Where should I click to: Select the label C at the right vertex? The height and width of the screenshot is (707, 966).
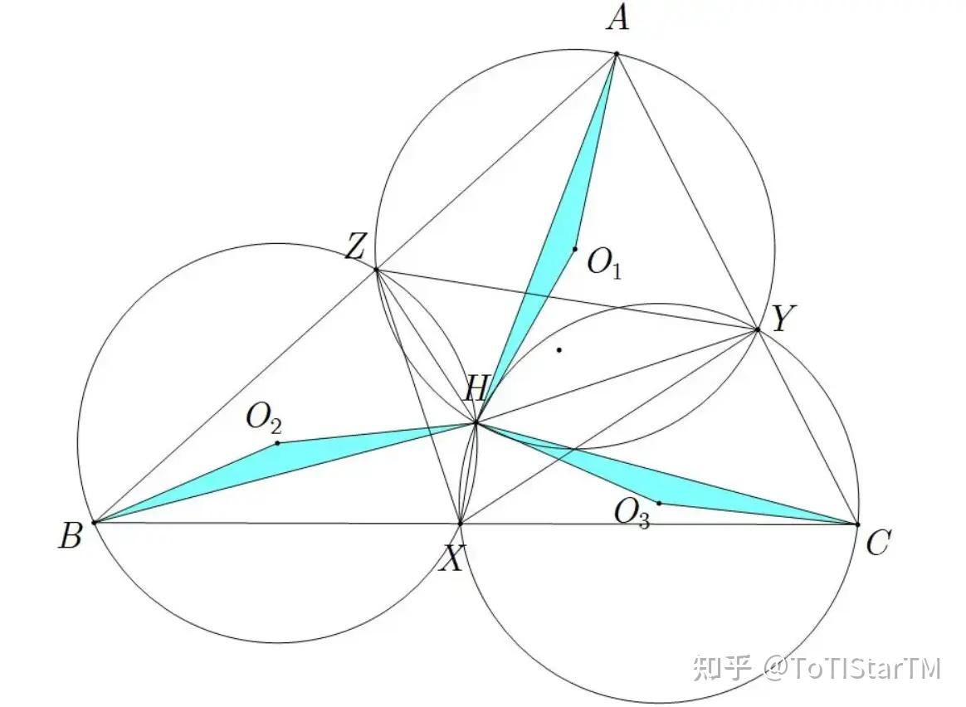point(877,544)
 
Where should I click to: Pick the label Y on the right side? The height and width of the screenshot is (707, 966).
point(780,319)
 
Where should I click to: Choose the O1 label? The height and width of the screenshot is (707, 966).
point(604,265)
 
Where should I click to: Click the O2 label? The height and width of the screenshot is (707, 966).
point(263,419)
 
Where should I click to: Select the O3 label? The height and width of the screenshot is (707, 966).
point(632,514)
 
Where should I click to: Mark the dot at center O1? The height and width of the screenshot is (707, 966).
point(574,249)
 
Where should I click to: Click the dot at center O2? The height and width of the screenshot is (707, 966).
point(277,443)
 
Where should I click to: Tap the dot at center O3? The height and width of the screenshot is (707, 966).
point(659,503)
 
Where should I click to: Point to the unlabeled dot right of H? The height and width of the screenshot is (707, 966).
point(559,349)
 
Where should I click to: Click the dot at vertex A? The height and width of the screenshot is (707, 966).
point(616,54)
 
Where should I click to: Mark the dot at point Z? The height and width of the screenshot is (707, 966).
point(376,270)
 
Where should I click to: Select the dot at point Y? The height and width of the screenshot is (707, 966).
point(758,329)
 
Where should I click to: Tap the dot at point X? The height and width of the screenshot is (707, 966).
point(461,524)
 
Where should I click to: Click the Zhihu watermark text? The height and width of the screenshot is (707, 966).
point(817,669)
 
